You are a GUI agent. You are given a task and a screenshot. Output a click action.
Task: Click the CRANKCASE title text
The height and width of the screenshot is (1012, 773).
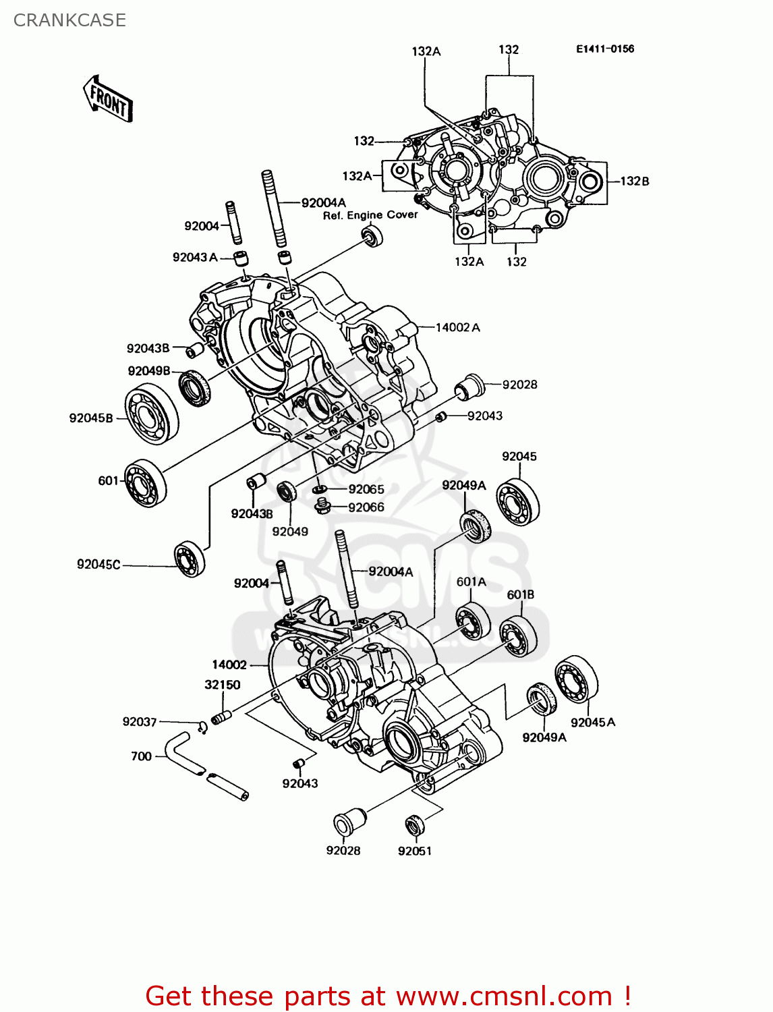[69, 20]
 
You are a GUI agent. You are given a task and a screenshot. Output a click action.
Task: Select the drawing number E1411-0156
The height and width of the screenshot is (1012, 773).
[604, 49]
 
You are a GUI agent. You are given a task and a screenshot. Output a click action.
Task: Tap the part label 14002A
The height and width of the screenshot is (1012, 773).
[457, 328]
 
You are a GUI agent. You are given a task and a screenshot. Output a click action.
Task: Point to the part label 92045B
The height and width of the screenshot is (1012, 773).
[91, 418]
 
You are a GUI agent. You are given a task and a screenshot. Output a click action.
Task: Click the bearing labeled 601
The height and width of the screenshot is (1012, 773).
[146, 482]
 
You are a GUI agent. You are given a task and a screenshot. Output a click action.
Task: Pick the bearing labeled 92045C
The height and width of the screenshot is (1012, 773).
[190, 559]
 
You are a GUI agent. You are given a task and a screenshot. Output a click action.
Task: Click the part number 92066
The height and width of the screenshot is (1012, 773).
[366, 507]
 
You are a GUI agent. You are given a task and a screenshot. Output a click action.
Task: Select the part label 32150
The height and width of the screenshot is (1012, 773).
[223, 685]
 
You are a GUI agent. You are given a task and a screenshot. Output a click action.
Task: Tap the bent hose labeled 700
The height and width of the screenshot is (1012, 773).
[185, 752]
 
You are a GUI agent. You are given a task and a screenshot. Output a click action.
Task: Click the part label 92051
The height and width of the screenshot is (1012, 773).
[414, 851]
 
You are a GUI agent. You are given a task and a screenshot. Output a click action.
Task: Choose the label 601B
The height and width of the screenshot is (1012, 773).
[520, 595]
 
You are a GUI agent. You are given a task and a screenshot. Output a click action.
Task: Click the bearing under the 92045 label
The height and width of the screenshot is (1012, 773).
[518, 502]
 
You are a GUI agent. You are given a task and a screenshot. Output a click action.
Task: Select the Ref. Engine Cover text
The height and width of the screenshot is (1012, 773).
[370, 215]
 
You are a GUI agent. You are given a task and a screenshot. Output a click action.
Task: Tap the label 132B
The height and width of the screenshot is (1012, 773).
[634, 181]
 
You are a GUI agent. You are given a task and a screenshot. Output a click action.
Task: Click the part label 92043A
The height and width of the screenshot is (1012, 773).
[195, 258]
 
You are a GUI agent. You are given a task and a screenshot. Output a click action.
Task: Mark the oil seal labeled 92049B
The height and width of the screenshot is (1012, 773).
[196, 388]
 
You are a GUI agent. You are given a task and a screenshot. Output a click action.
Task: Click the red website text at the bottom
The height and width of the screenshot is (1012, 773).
[388, 996]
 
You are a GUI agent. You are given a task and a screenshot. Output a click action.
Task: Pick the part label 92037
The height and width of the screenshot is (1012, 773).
[140, 722]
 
